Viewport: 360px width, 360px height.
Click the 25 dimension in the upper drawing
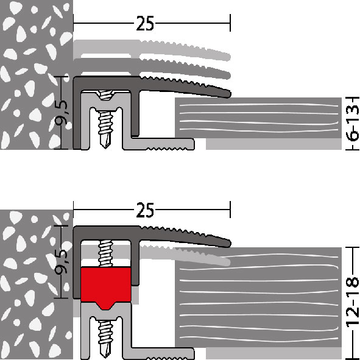145,23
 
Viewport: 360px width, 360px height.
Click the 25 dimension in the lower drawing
145,210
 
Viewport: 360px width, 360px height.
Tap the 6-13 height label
353,123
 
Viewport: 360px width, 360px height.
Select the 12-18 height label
353,302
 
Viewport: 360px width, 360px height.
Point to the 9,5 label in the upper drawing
62,113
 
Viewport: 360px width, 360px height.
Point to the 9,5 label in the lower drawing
62,262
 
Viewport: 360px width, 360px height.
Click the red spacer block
106,287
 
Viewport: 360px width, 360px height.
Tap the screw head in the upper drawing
105,94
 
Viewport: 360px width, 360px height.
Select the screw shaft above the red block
105,253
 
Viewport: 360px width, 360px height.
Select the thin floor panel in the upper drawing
258,118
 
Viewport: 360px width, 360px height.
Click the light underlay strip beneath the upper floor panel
274,144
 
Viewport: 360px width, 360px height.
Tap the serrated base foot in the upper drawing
158,144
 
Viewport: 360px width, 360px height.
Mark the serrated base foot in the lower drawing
158,354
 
